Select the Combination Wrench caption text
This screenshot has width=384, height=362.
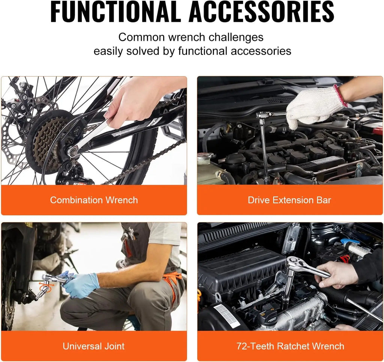tap(94, 200)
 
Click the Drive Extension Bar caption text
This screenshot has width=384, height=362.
tap(289, 200)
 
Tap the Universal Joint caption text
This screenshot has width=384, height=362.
tap(94, 346)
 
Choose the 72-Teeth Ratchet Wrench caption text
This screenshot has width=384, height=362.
tap(290, 346)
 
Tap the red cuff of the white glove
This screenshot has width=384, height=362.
tap(340, 95)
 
